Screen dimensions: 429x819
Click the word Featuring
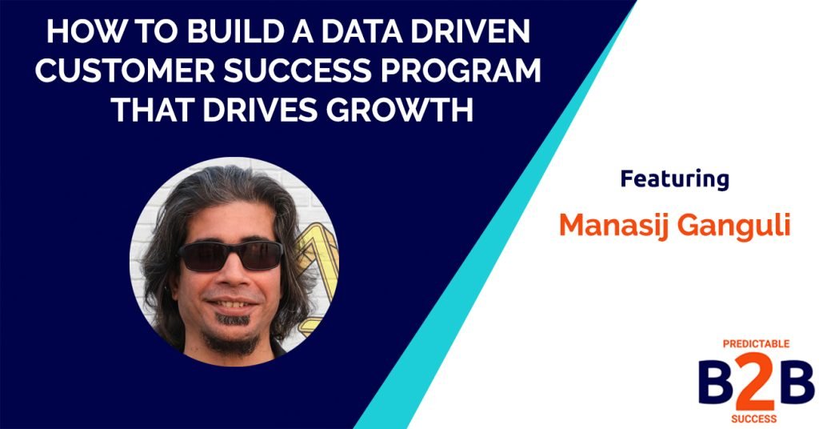tap(674, 179)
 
